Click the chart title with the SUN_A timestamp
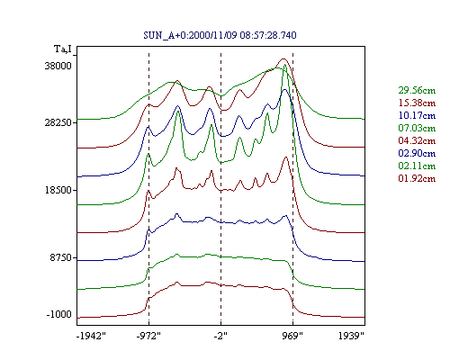tap(220, 35)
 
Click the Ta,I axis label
tap(63, 49)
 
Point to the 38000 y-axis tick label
tap(58, 66)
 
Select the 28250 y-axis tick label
tap(58, 122)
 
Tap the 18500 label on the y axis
tap(58, 190)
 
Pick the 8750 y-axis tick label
tap(61, 257)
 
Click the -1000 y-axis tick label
tap(59, 314)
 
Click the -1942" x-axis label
tap(92, 336)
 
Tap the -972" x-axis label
tap(148, 336)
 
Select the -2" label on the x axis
tap(220, 336)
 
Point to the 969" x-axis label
tap(292, 336)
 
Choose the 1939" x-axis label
tap(351, 336)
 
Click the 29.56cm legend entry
tap(417, 90)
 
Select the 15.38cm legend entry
tap(417, 103)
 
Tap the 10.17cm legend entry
tap(417, 115)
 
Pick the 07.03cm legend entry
tap(417, 128)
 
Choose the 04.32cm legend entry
tap(417, 140)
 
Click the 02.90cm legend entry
tap(417, 153)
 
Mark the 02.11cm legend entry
tap(417, 166)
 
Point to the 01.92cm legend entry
tap(417, 178)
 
